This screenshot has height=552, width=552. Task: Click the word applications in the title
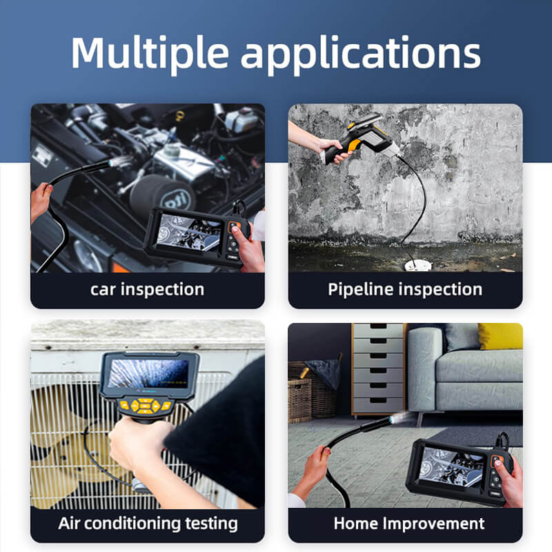click(361, 55)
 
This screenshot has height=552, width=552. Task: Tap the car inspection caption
click(147, 290)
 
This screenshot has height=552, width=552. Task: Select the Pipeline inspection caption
click(405, 290)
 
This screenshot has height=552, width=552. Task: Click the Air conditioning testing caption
click(148, 524)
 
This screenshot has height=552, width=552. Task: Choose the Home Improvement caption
click(408, 524)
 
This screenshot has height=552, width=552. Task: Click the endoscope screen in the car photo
click(188, 233)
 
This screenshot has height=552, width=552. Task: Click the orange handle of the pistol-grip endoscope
click(355, 146)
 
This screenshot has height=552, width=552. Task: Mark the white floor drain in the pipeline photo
click(417, 266)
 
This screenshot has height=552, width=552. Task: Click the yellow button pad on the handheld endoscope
click(145, 406)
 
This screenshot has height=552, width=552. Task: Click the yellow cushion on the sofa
click(501, 336)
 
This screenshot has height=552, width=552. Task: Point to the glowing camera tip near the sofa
click(393, 419)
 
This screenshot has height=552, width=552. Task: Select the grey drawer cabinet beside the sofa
click(378, 369)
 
